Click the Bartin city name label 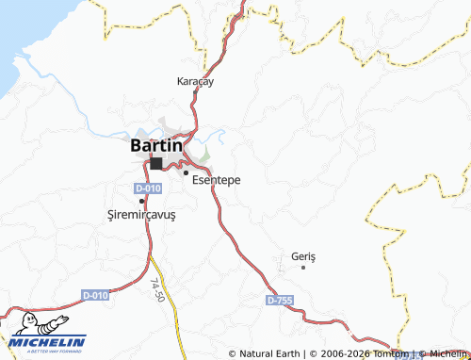pyautogui.click(x=155, y=146)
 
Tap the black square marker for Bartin pyautogui.click(x=155, y=163)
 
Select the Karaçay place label pyautogui.click(x=196, y=82)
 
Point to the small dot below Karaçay pyautogui.click(x=196, y=94)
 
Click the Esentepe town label pyautogui.click(x=216, y=181)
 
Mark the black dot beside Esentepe pyautogui.click(x=186, y=172)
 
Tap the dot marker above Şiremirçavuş pyautogui.click(x=141, y=201)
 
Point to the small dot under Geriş pyautogui.click(x=303, y=268)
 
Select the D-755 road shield pyautogui.click(x=280, y=300)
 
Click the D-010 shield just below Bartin pyautogui.click(x=148, y=188)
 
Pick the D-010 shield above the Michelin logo pyautogui.click(x=95, y=296)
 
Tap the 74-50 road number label pyautogui.click(x=157, y=289)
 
